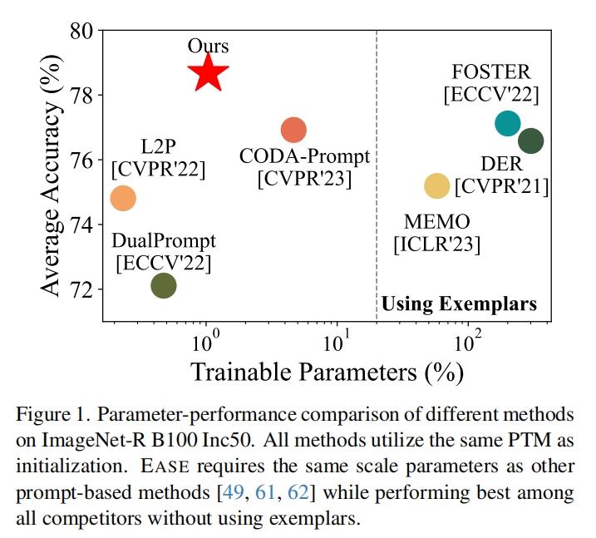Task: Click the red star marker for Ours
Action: [208, 73]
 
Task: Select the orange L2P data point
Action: [123, 199]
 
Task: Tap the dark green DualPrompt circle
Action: [164, 285]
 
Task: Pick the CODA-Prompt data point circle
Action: [293, 130]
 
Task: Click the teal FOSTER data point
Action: [507, 123]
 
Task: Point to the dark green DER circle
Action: [530, 141]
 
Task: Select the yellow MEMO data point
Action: [436, 185]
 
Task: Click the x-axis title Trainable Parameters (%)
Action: [328, 371]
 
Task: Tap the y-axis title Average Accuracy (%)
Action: [52, 175]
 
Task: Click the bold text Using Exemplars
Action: [459, 304]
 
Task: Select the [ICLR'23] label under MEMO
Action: [436, 244]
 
